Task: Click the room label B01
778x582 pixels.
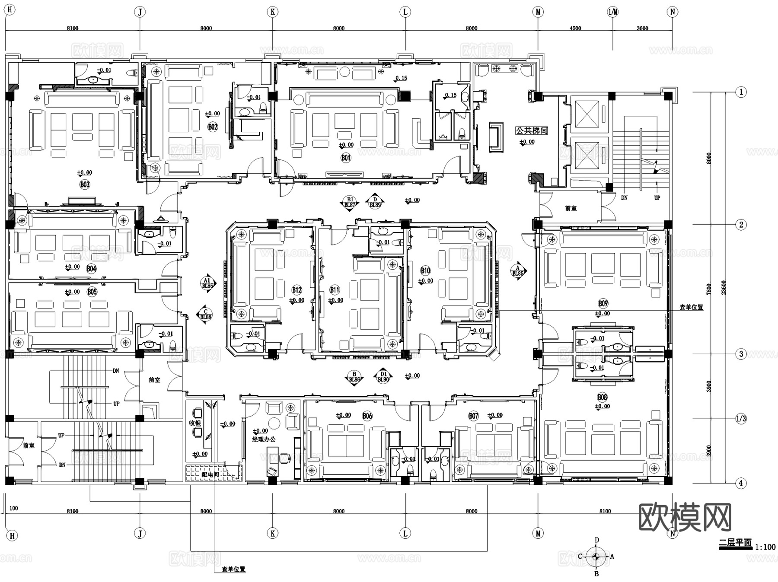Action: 346,158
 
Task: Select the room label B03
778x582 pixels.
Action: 85,184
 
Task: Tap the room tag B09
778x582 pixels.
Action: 603,303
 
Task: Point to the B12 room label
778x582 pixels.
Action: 297,290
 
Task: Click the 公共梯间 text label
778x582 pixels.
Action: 531,130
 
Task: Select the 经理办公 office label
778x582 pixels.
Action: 264,439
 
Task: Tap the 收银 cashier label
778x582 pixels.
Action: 195,423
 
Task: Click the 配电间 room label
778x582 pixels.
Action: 210,474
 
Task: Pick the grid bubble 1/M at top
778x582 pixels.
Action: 612,12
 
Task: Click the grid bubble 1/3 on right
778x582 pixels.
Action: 741,418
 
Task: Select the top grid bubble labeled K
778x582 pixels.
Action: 272,12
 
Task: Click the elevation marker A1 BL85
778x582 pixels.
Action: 207,283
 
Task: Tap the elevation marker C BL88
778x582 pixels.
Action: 206,314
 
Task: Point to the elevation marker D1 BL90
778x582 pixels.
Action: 383,377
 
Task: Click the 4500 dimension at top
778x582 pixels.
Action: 575,28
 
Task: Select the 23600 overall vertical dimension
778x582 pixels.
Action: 724,287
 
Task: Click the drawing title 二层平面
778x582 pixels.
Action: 735,543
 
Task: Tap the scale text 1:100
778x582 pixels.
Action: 765,547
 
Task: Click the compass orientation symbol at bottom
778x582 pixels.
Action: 596,557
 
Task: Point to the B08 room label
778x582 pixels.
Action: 602,397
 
